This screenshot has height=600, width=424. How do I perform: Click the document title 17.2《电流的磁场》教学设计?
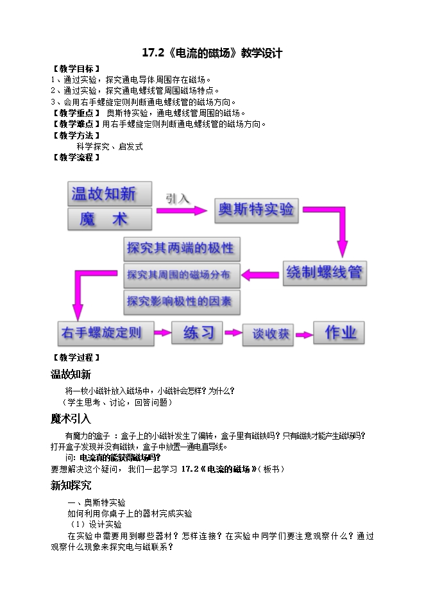212,53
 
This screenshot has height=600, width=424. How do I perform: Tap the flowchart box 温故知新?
110,194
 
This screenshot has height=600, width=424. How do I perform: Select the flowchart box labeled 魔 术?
110,219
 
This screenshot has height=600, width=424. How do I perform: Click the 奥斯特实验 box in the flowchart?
256,210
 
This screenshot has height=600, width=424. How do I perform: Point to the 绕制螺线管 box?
325,273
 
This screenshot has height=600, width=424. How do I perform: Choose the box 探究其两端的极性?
182,249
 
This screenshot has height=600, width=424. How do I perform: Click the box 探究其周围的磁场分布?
182,275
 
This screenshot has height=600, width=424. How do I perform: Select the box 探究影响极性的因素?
182,302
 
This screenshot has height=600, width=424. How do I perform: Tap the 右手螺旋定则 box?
106,333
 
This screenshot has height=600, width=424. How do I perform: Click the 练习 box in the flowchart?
197,332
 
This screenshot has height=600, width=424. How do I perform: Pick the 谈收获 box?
268,335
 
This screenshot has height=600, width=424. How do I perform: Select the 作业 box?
339,332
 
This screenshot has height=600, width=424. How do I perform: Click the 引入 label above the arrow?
178,198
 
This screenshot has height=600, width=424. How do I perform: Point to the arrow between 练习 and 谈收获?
233,332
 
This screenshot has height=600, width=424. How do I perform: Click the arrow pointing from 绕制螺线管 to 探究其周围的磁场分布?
260,275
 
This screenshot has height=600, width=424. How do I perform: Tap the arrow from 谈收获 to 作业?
304,335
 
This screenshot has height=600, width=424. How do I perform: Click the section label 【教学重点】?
76,114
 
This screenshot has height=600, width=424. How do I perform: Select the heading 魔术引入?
71,418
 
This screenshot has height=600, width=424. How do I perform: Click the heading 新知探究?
71,485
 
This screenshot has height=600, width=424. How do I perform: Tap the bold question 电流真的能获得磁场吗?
120,458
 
